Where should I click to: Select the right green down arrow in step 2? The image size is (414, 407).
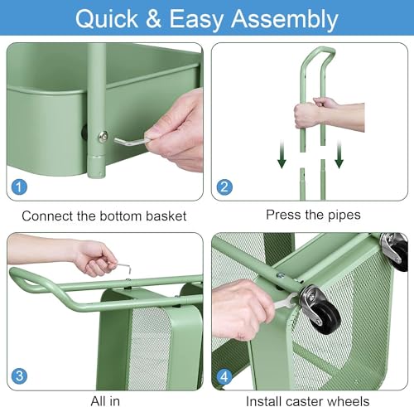tap(339, 154)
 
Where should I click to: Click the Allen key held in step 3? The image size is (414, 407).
tap(121, 267)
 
